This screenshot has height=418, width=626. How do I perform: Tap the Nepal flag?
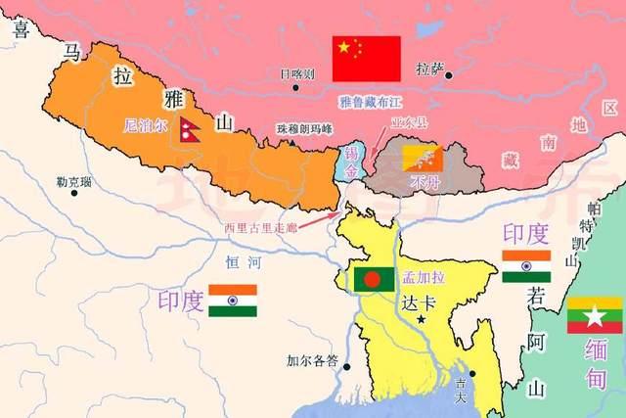coord(190,128)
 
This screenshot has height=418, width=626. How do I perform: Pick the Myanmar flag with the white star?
coord(594,314)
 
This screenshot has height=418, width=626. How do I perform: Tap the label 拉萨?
coord(429,70)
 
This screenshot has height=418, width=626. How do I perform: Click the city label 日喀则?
coord(296,73)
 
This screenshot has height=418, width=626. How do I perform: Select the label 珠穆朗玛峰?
coord(305,128)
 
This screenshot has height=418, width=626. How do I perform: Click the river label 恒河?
coord(240,261)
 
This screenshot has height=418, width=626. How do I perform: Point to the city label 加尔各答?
coord(310,359)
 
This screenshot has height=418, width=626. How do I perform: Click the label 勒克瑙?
coord(73,182)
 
